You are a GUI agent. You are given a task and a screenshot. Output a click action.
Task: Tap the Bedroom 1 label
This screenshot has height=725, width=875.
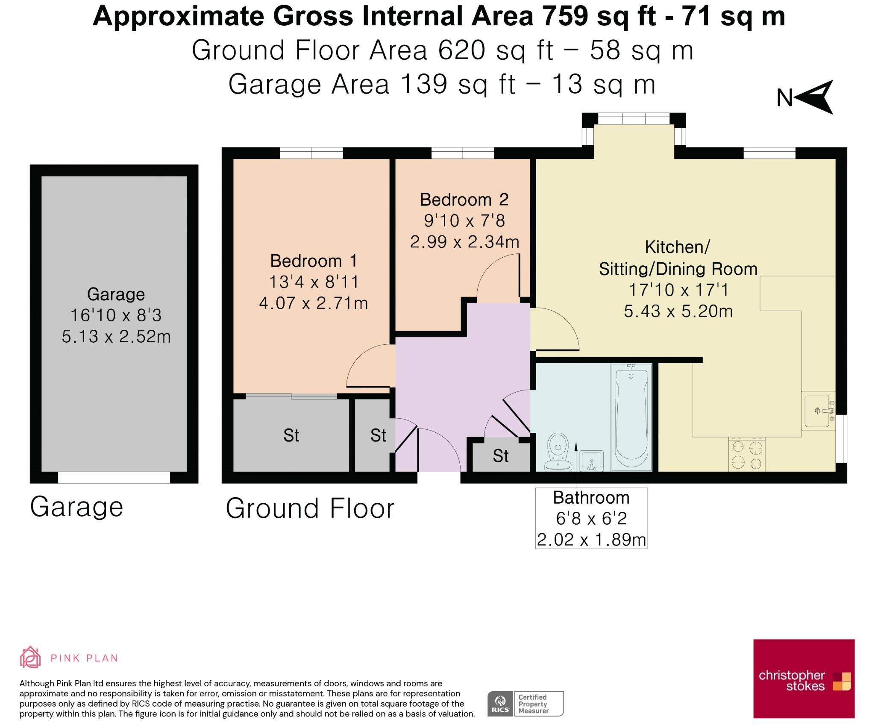tap(313, 261)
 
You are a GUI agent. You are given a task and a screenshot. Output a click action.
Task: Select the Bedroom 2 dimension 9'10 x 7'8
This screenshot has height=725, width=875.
tap(464, 221)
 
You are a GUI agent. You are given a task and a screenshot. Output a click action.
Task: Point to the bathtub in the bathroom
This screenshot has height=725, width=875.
tap(631, 417)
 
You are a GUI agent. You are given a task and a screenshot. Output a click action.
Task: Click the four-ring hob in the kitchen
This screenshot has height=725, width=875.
tap(747, 455)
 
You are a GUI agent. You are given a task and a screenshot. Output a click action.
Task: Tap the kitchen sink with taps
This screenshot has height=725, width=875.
tap(818, 411)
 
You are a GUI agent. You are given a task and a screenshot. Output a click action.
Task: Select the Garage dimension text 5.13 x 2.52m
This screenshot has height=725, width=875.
tap(116, 336)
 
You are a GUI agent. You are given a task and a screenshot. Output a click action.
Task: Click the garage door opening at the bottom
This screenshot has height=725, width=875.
tap(114, 477)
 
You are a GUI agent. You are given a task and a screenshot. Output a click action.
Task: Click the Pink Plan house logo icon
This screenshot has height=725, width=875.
tap(30, 657)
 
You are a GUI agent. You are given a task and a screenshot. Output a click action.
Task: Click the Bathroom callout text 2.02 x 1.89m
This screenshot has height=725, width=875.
tap(591, 540)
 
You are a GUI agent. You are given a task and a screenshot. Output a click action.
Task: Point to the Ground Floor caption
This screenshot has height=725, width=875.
tap(310, 508)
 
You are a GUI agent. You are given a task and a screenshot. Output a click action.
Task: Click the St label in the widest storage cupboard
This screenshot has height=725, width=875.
tap(291, 435)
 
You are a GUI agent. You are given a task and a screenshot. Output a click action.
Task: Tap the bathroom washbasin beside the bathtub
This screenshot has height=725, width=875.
tap(592, 461)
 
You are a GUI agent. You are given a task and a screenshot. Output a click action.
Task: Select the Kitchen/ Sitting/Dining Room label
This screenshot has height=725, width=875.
tap(678, 258)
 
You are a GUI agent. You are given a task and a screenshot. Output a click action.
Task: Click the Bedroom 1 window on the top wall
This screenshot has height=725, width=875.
tap(311, 153)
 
